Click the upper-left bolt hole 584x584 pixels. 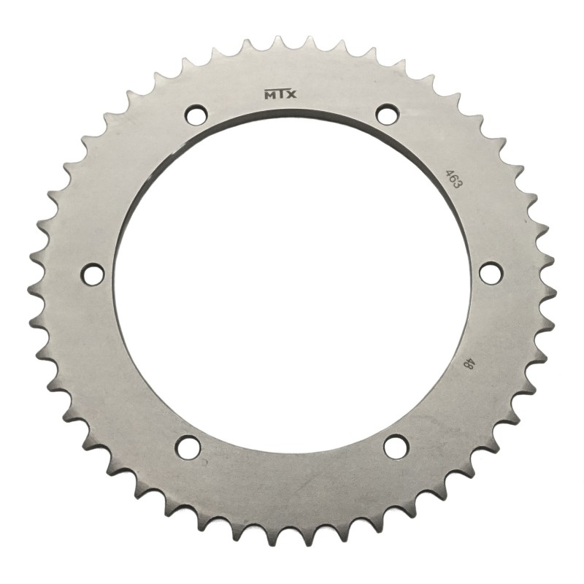[195, 115]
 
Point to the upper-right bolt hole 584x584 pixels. [387, 114]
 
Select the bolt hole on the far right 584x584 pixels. [491, 273]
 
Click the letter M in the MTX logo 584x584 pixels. [267, 94]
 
